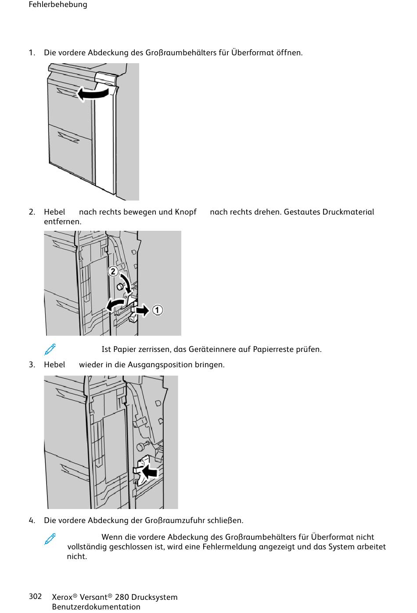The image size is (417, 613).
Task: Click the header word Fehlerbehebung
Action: pyautogui.click(x=58, y=5)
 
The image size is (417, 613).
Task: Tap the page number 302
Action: pyautogui.click(x=35, y=596)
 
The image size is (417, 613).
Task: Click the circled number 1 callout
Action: pyautogui.click(x=157, y=310)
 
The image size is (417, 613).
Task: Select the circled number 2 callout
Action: pyautogui.click(x=113, y=271)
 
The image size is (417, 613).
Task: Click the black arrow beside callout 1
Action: pyautogui.click(x=142, y=311)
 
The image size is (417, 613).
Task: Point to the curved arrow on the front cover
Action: pyautogui.click(x=93, y=93)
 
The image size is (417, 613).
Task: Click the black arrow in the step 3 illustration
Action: pyautogui.click(x=149, y=472)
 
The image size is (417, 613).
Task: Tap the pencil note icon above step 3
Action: pyautogui.click(x=50, y=349)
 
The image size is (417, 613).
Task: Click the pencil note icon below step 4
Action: pyautogui.click(x=50, y=538)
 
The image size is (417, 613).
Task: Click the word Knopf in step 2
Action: pyautogui.click(x=186, y=212)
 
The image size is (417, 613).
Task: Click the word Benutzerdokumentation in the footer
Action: pyautogui.click(x=96, y=607)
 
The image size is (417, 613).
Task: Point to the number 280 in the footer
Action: pyautogui.click(x=122, y=597)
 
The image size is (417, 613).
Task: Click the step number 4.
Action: pyautogui.click(x=32, y=520)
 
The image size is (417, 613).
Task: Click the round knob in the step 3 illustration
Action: pyautogui.click(x=140, y=448)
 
